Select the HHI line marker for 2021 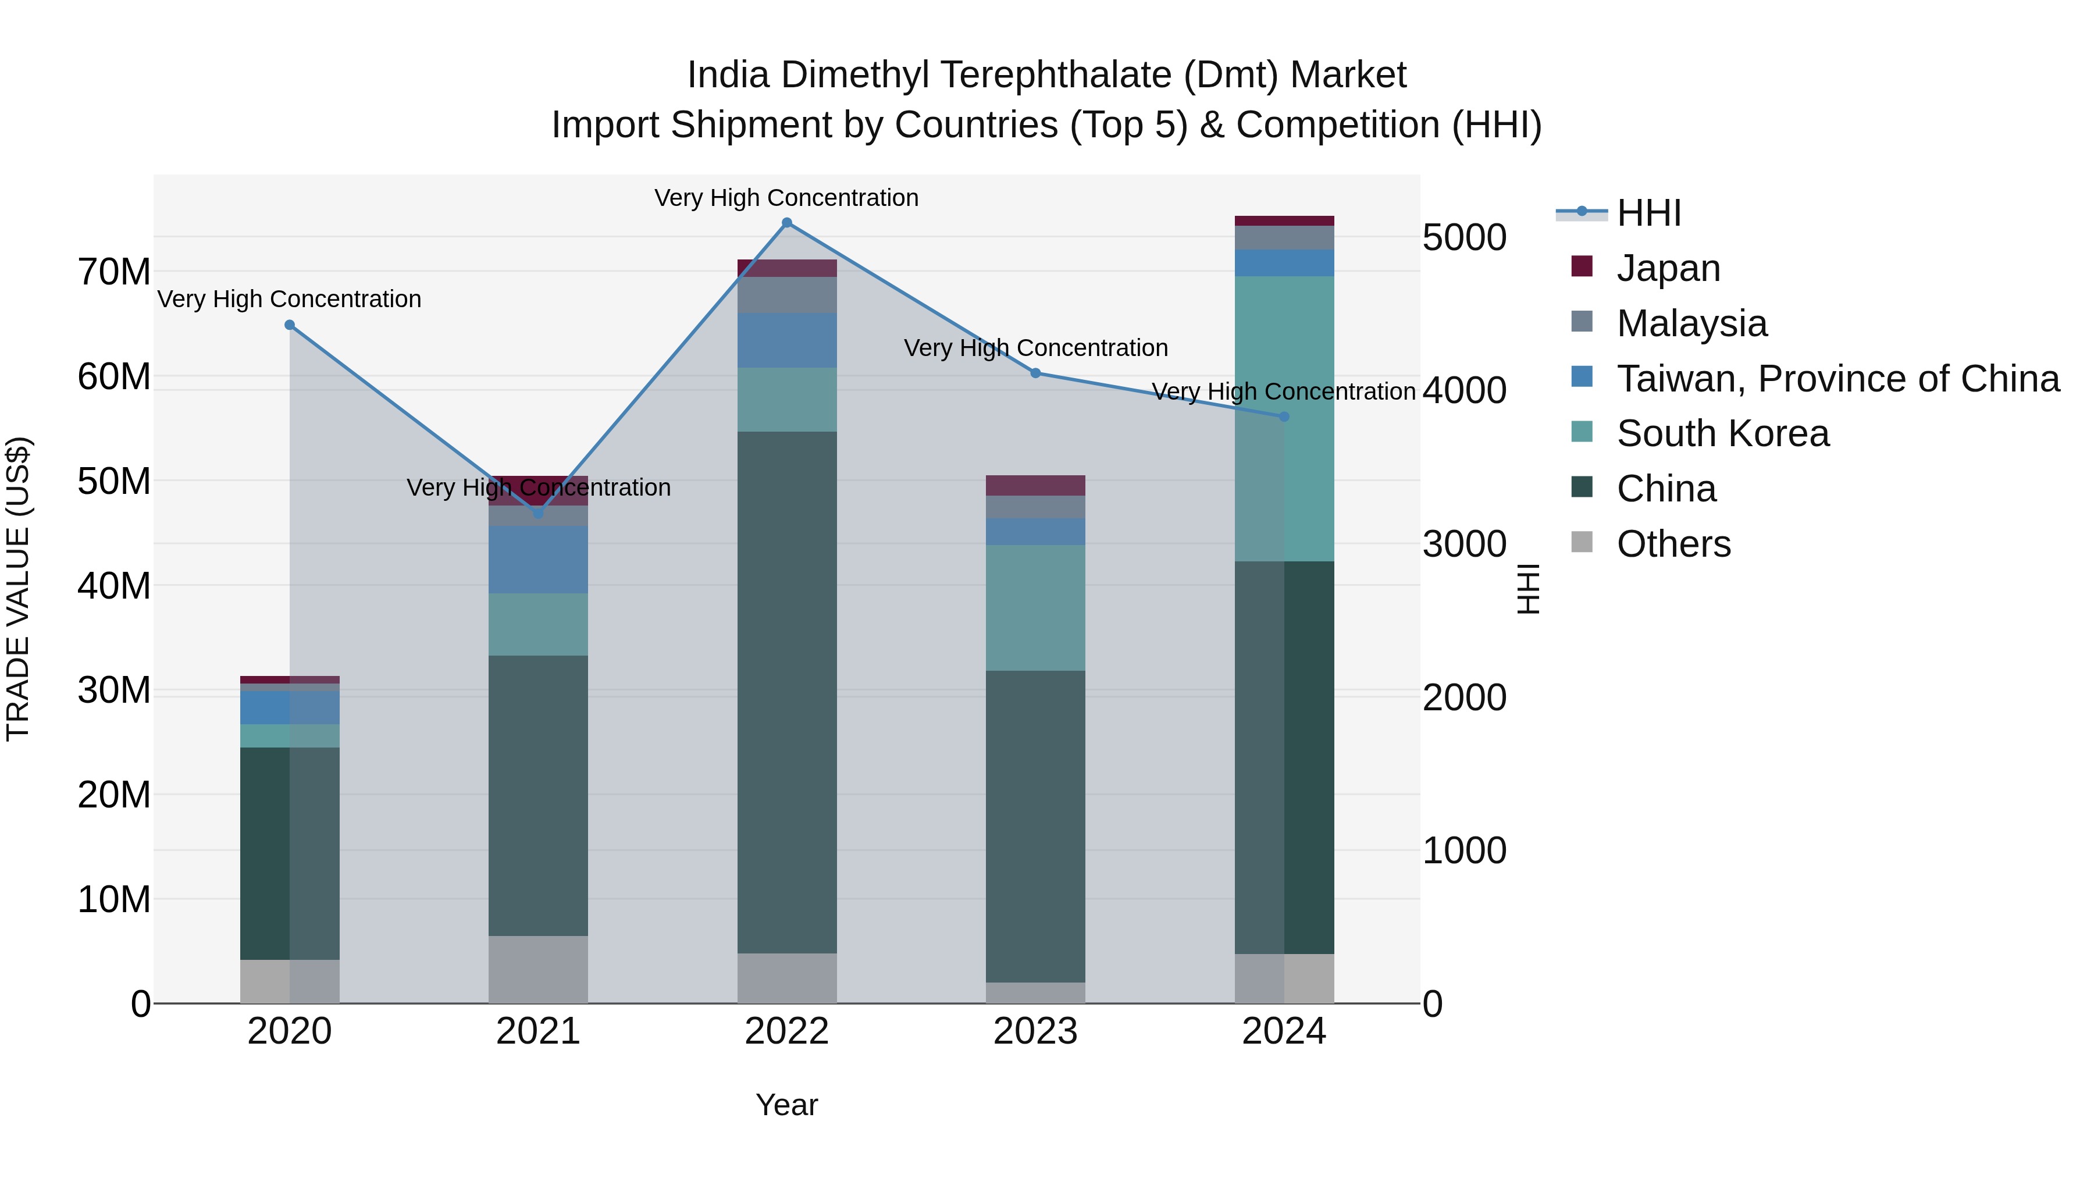coord(537,513)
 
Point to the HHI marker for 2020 coord(290,325)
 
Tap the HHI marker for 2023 coord(1035,373)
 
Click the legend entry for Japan coord(1668,268)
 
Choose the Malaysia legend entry coord(1691,323)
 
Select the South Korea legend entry coord(1722,433)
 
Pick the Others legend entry coord(1673,544)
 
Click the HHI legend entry coord(1648,213)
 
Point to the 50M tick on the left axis coord(114,481)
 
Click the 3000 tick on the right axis coord(1464,544)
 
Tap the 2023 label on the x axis coord(1035,1031)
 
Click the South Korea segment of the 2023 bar coord(1035,607)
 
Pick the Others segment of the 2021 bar coord(537,969)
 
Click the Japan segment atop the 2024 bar coord(1284,221)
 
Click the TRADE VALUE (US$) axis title coord(18,589)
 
